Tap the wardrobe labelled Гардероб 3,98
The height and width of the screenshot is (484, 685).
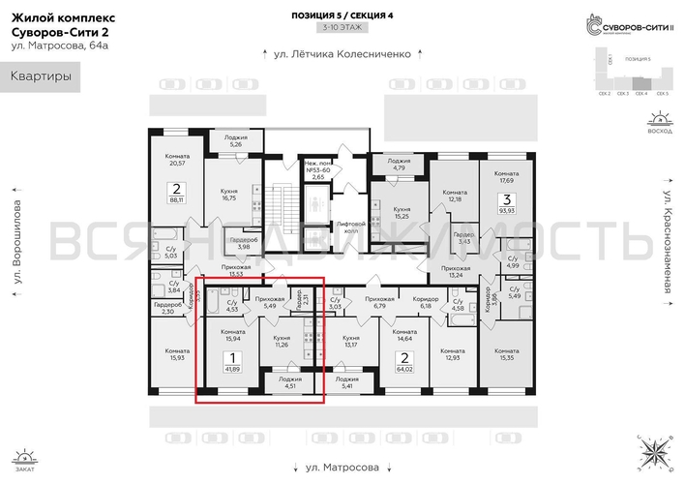tap(242, 243)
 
